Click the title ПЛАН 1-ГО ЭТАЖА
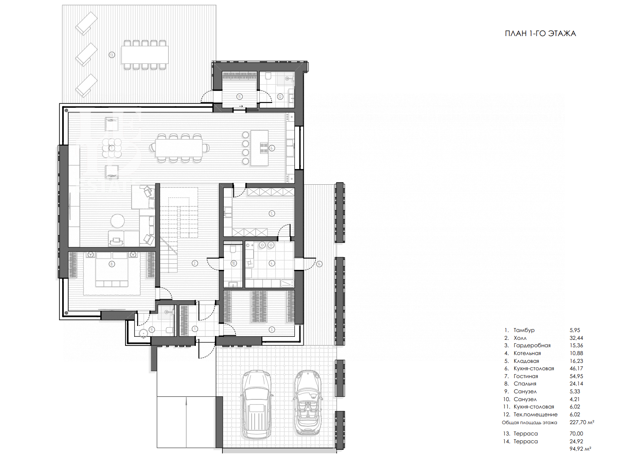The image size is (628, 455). (540, 33)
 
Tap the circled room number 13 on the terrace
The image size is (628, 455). (112, 55)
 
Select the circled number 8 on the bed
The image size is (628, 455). (112, 264)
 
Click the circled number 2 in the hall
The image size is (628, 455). (195, 263)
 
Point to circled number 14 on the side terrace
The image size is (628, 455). (319, 264)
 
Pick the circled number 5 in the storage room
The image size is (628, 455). (271, 213)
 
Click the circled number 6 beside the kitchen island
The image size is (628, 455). (271, 148)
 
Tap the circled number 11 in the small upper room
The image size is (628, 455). (239, 97)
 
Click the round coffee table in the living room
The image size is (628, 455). (117, 221)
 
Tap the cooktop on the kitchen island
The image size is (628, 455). (264, 148)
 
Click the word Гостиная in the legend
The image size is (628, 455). (526, 376)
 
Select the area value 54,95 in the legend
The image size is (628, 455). (576, 376)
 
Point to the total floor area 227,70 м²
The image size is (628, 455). (582, 422)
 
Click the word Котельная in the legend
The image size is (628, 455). (527, 353)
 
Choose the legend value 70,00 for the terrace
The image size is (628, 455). (576, 434)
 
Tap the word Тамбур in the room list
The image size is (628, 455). (524, 330)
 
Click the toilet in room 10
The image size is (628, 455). (233, 249)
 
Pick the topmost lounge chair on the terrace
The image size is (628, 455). (86, 23)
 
